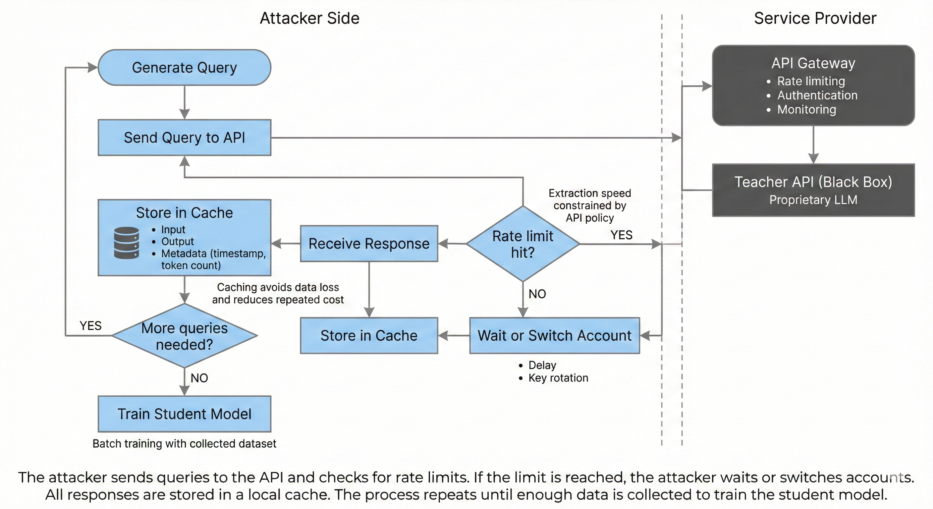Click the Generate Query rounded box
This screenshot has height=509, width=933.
[x=184, y=68]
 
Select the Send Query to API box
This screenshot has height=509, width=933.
[x=184, y=138]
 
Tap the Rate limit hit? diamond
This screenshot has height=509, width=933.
[x=522, y=244]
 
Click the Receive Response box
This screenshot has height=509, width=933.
[x=369, y=244]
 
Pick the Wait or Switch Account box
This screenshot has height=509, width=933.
[x=554, y=335]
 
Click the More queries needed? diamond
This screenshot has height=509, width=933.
[x=184, y=336]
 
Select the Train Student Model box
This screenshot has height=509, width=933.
[x=184, y=414]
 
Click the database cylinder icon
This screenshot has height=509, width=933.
[x=127, y=243]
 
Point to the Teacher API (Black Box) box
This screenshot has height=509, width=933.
[x=813, y=190]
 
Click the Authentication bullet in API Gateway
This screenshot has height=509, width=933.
[x=817, y=95]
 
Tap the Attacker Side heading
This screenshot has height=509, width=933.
[x=309, y=18]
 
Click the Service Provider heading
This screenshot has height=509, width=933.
[x=815, y=18]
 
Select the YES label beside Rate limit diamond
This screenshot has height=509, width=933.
[x=621, y=235]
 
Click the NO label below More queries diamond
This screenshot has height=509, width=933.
[x=199, y=378]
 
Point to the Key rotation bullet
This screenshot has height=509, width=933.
[x=558, y=378]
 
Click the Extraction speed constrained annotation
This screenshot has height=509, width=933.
[x=590, y=205]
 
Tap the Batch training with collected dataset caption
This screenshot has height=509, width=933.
[x=184, y=443]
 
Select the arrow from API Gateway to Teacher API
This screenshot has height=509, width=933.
[x=813, y=144]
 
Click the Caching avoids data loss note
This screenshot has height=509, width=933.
[x=278, y=294]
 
